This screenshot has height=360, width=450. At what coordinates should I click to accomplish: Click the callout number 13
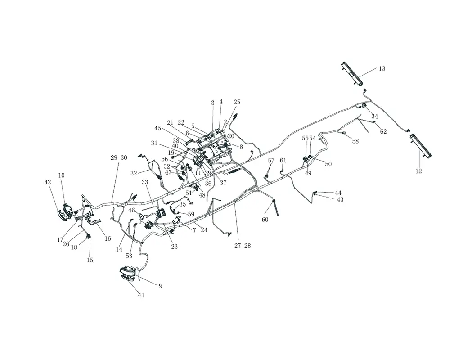[382, 69]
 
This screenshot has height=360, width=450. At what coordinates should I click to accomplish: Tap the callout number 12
[418, 171]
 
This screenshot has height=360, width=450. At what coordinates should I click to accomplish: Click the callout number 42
[48, 182]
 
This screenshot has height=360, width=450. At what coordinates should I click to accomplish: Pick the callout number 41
[141, 295]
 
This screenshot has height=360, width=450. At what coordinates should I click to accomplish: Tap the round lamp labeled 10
[67, 211]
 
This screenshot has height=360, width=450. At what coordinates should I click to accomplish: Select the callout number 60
[265, 220]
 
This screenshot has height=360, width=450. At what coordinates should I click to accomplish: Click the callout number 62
[383, 132]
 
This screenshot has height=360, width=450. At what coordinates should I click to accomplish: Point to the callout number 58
[355, 141]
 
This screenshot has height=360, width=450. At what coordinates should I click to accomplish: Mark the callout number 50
[328, 164]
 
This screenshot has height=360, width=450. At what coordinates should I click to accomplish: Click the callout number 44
[338, 193]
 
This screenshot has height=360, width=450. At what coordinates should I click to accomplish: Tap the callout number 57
[271, 161]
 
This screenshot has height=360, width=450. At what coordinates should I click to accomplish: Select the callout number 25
[237, 102]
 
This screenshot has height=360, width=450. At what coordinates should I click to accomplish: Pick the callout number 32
[134, 173]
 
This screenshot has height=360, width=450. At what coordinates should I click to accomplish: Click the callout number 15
[90, 260]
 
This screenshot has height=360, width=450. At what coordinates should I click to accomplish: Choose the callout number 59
[191, 214]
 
